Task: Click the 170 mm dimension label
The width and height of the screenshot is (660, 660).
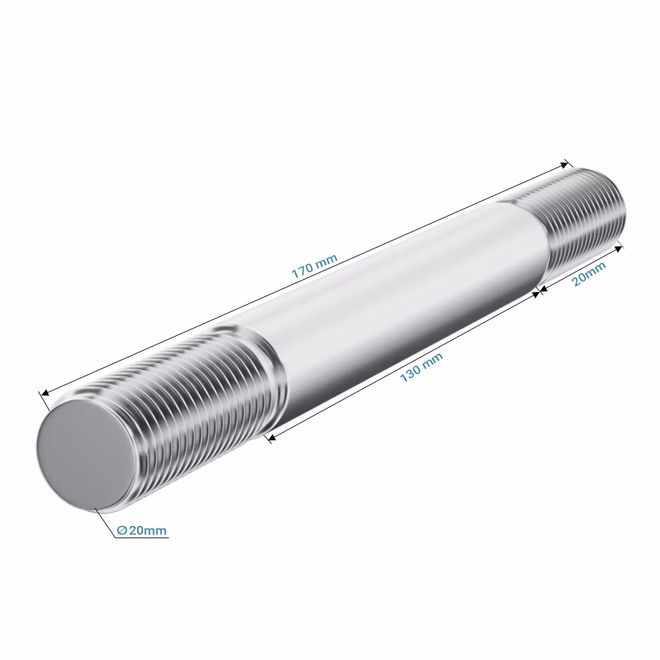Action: coord(315,266)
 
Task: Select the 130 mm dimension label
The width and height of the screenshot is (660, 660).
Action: coord(421,367)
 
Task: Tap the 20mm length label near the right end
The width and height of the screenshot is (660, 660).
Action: coord(589,273)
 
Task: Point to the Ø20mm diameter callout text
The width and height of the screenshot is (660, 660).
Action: coord(142,530)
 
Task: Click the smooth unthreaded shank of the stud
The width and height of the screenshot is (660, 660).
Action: coord(404,299)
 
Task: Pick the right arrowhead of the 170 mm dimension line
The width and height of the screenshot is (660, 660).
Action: coord(563,164)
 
